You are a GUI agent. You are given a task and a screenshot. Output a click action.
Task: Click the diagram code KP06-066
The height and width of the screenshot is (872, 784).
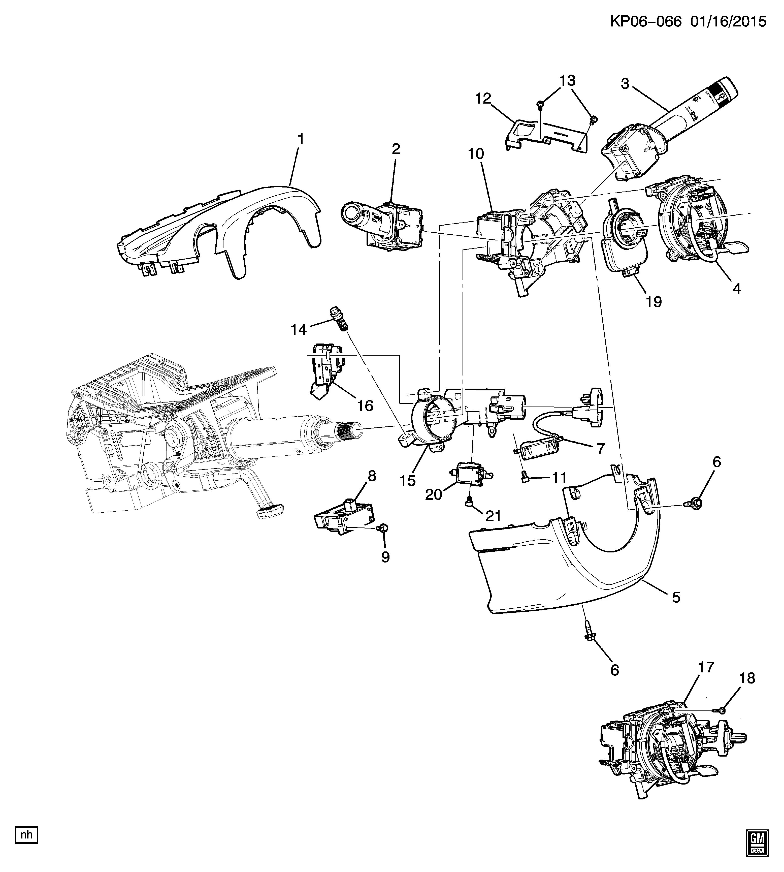click(645, 21)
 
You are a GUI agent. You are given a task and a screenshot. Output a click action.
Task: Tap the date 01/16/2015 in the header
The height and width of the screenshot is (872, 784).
click(728, 21)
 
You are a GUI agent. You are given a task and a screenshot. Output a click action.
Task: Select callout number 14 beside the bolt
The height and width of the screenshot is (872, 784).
click(299, 330)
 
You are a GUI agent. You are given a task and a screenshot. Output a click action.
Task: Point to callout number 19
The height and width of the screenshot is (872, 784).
click(654, 302)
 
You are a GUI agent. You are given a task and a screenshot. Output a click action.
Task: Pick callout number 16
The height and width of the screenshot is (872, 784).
click(365, 406)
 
